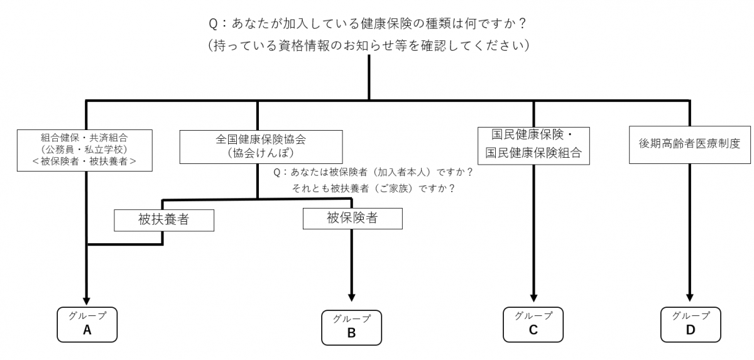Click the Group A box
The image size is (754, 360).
(x=87, y=324)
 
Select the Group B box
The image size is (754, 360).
(x=351, y=327)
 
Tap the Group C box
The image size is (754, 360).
(x=533, y=324)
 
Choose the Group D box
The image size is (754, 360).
(x=690, y=324)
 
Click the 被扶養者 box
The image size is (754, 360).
(x=163, y=220)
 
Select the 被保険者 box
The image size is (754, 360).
(x=352, y=218)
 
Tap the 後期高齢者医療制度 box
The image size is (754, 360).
(x=690, y=143)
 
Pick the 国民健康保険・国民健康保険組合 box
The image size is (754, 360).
(x=533, y=143)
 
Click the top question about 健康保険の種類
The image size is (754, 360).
(x=368, y=23)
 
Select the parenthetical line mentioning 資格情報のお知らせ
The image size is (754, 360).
(x=368, y=46)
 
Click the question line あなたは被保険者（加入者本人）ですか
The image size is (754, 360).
(x=373, y=172)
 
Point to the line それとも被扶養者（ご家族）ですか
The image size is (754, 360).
(x=373, y=188)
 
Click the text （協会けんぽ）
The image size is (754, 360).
(x=261, y=153)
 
